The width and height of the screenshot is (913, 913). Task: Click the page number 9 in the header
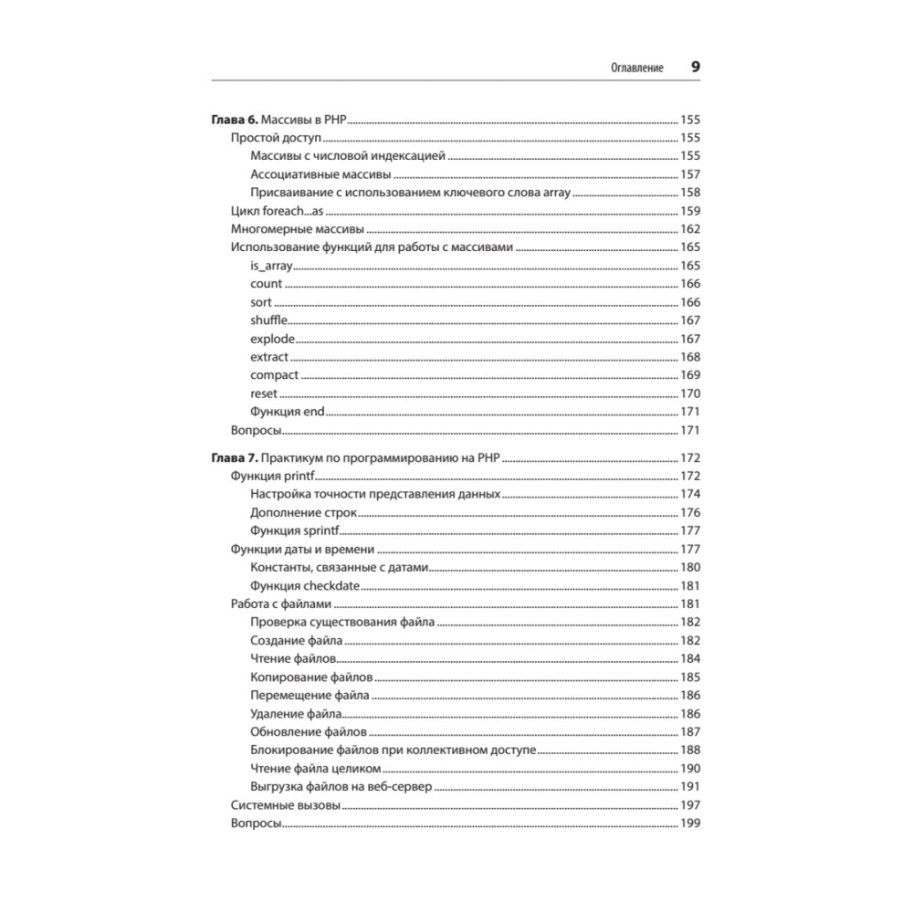click(x=695, y=68)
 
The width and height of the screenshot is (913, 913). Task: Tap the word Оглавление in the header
click(x=635, y=68)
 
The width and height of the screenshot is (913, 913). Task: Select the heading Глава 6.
click(x=236, y=120)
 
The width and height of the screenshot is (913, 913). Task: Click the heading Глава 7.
click(x=236, y=457)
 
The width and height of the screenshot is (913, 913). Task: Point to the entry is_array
click(x=269, y=266)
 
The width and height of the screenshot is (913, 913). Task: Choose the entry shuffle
click(x=269, y=320)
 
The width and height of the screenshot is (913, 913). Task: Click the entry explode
click(x=272, y=339)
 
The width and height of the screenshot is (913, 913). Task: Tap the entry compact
click(x=274, y=375)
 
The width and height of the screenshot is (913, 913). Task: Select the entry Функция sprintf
click(x=295, y=530)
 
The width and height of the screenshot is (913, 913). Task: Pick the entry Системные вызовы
click(x=286, y=804)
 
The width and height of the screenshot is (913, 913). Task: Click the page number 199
click(x=689, y=823)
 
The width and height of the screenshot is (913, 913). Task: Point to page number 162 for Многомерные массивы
click(x=689, y=229)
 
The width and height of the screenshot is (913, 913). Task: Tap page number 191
click(x=689, y=786)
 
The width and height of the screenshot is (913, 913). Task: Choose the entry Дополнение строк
click(x=303, y=512)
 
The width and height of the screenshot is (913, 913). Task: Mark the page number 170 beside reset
click(x=689, y=394)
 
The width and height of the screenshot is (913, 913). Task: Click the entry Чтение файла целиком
click(x=314, y=768)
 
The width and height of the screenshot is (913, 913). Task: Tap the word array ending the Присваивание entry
click(x=556, y=193)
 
